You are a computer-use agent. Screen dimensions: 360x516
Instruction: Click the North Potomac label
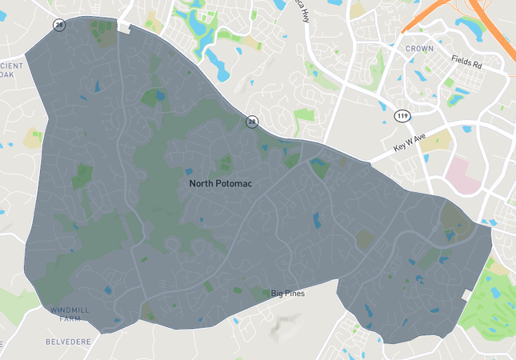221,184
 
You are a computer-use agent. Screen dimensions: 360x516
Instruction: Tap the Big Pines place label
288,294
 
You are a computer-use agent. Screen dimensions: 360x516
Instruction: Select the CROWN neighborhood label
419,49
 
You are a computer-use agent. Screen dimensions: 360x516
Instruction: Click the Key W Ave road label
411,142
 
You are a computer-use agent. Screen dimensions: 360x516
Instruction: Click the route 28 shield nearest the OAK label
59,26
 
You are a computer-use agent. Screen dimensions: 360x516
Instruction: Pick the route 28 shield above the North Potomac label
252,122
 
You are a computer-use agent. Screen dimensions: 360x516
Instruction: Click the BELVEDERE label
68,342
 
